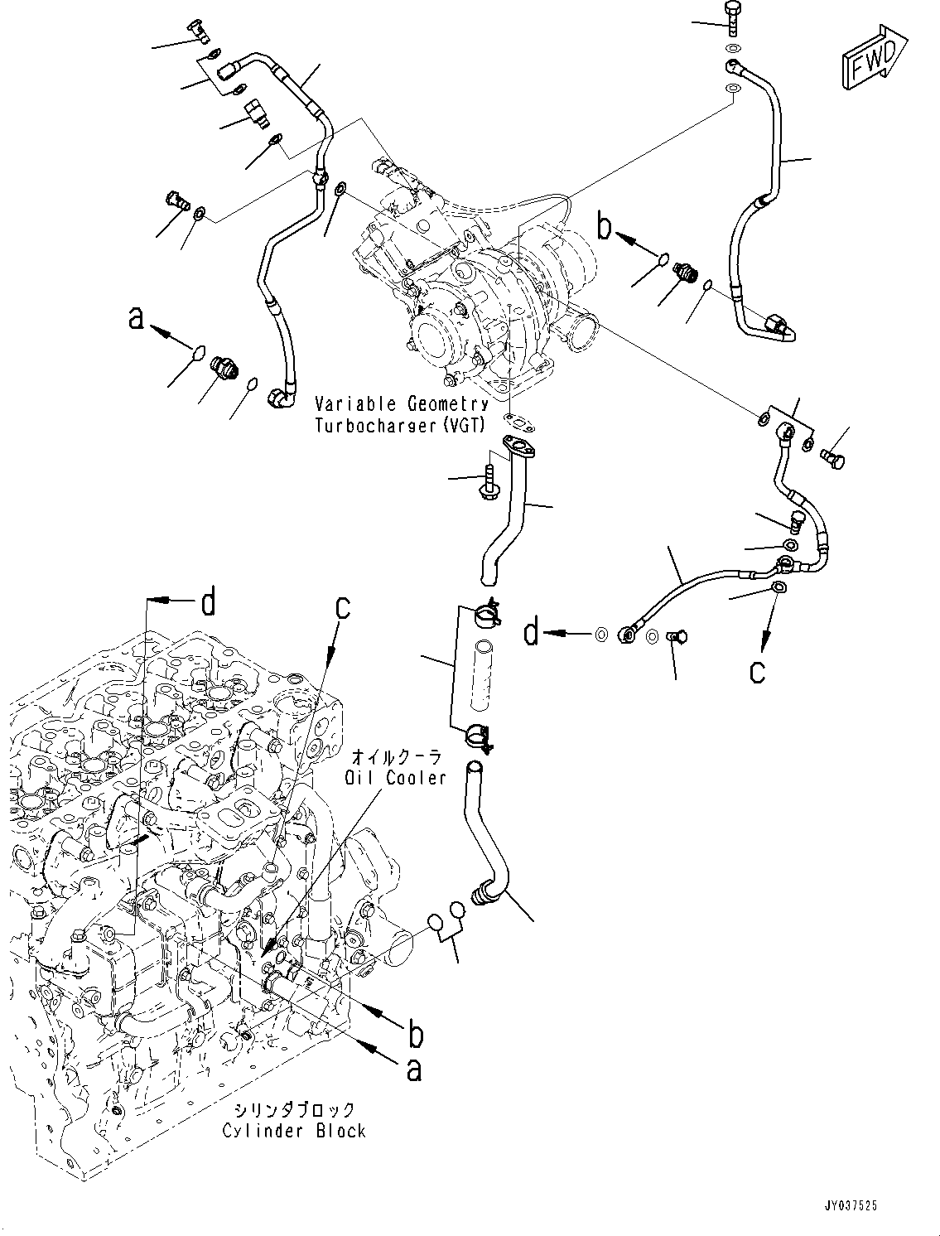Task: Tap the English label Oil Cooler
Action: tap(396, 778)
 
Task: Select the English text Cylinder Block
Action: tap(294, 1131)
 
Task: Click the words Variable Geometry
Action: tap(402, 404)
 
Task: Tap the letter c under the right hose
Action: tap(757, 670)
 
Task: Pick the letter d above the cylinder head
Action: tap(208, 603)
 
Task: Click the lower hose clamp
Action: tap(478, 734)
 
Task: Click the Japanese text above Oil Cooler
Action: tap(397, 756)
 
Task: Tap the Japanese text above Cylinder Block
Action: tap(293, 1110)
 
